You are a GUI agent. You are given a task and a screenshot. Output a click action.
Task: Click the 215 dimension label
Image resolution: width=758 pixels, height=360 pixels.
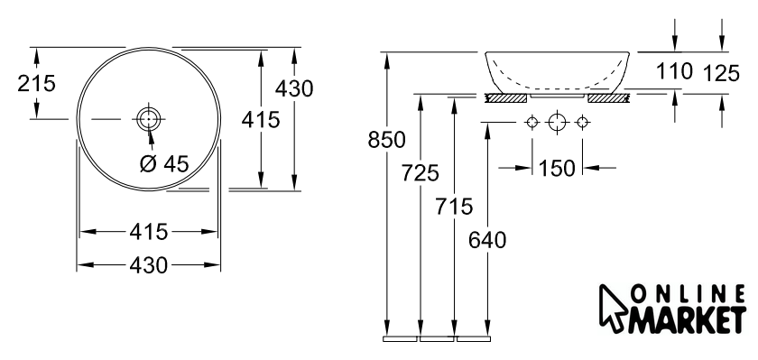point(37,83)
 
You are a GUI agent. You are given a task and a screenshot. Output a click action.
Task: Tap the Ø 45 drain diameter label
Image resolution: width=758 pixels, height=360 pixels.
point(164,164)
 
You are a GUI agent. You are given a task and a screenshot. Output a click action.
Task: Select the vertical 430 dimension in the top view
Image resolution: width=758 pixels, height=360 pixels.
point(294,88)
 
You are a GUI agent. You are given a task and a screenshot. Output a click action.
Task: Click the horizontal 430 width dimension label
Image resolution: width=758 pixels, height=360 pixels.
point(149,265)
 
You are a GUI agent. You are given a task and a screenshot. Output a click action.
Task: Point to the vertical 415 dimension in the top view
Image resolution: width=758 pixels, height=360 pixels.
point(261,119)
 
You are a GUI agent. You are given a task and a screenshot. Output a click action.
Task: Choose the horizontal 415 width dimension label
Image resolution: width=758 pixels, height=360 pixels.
point(149,232)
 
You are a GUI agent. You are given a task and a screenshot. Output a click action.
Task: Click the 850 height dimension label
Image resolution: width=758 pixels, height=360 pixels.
point(387,140)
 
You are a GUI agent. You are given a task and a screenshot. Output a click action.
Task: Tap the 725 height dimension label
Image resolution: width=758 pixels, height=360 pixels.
point(421,173)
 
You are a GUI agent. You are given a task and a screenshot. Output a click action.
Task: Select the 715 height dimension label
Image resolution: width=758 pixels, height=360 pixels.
point(453,207)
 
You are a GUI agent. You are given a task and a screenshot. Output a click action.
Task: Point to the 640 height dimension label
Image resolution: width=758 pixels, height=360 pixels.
point(487,240)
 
